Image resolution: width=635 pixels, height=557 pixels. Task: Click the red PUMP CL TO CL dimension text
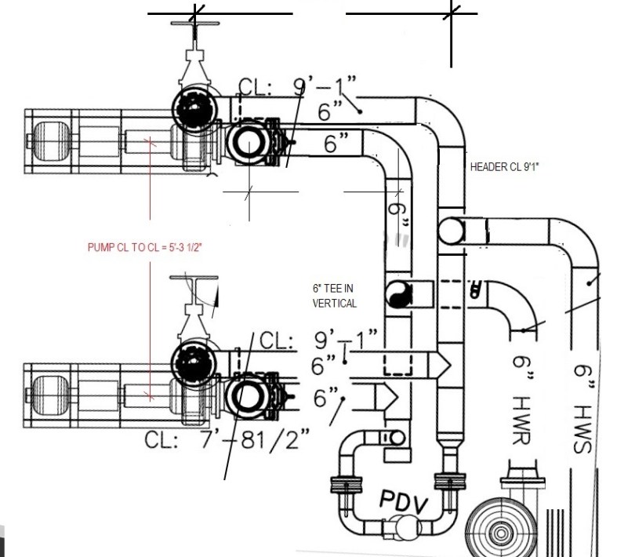[x=144, y=247]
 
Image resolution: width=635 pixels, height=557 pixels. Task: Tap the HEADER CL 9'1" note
[x=505, y=166]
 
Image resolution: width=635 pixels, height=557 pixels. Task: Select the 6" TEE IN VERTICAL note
[x=335, y=296]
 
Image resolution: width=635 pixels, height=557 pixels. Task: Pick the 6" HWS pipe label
[x=584, y=409]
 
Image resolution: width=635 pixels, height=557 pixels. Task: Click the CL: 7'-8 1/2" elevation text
[x=227, y=439]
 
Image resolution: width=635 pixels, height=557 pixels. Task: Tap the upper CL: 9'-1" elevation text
[x=297, y=86]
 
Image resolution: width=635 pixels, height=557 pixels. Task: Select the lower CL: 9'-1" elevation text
[x=318, y=340]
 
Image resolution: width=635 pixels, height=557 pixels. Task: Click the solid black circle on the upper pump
[x=194, y=108]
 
